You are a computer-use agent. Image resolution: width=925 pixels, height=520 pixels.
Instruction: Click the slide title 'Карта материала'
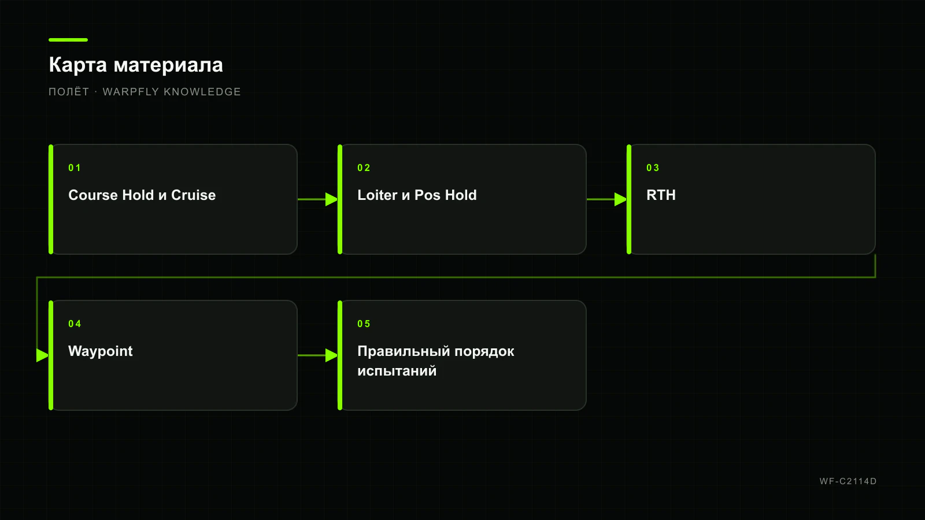coord(136,65)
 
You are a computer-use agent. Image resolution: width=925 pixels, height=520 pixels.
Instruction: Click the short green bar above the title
coord(68,40)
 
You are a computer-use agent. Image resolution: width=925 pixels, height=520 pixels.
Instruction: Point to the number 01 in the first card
coord(75,168)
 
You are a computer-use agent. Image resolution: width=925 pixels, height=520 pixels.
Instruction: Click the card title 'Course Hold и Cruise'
coord(142,195)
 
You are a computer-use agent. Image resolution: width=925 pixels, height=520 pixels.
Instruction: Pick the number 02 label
coord(364,168)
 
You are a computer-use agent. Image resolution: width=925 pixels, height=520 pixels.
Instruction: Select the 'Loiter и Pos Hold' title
coord(417,195)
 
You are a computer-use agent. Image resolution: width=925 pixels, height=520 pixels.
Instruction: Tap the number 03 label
coord(653,168)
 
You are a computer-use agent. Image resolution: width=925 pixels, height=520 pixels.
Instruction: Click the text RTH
coord(661,195)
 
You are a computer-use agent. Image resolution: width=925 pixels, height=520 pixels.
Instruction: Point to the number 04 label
coord(75,324)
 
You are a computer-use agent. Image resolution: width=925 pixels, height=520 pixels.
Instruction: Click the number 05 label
coord(364,324)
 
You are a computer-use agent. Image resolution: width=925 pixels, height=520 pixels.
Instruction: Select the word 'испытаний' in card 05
coord(397,371)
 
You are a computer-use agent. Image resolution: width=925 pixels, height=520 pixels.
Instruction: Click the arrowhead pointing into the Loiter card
coord(332,199)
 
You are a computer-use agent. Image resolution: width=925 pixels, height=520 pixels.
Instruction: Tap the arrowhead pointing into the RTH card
coord(621,199)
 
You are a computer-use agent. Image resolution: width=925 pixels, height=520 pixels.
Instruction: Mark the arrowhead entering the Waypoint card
coord(43,355)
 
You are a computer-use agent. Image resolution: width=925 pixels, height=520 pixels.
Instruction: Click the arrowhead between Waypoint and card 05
coord(332,355)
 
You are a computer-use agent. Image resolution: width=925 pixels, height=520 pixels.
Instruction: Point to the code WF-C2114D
coord(848,481)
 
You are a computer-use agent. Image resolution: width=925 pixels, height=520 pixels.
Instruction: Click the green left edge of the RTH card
coord(629,199)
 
